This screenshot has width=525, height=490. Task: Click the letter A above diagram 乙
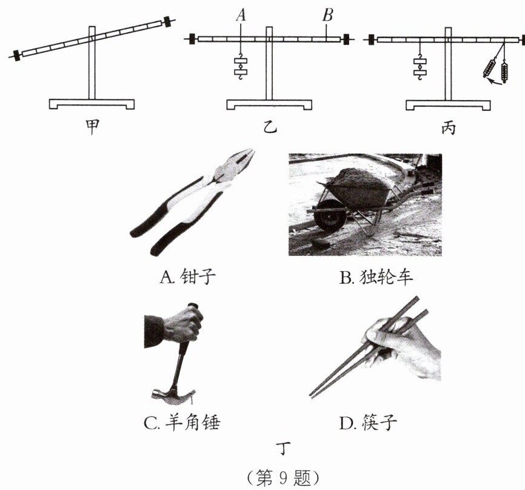point(241,15)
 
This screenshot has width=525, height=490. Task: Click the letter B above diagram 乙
point(327,15)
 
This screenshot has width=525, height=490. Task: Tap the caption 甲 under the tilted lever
point(92,127)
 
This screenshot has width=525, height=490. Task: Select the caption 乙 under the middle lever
point(270,127)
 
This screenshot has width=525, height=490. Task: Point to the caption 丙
point(448,127)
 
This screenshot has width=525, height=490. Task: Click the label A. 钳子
point(187,277)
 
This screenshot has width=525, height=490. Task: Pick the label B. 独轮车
point(376,277)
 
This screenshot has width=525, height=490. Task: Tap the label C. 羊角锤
point(182,423)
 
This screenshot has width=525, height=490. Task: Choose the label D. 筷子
point(367,423)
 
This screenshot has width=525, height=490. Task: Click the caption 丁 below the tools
point(283,448)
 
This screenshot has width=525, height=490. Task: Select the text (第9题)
point(283,478)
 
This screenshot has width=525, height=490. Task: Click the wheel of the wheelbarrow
point(330,216)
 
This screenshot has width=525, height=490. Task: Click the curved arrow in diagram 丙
point(495,81)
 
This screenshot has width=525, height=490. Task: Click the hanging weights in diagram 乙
point(241,67)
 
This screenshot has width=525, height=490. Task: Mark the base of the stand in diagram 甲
point(92,104)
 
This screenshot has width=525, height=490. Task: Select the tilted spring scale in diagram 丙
point(490,69)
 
